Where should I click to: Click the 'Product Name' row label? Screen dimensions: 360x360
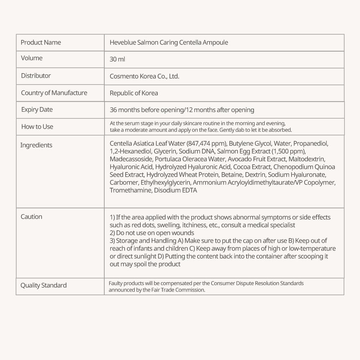41,42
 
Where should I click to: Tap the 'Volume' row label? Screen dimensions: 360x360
32,58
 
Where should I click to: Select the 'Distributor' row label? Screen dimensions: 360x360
36,76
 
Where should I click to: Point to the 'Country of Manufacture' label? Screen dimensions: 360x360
54,93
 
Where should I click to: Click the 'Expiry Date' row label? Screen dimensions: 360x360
37,110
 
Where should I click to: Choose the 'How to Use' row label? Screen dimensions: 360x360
37,126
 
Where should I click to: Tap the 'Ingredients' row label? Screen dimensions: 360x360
36,145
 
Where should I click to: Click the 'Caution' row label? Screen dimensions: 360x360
31,216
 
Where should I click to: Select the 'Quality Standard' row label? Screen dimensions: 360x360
44,285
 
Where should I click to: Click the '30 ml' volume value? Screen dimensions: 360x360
117,59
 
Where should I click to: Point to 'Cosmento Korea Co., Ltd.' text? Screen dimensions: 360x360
144,76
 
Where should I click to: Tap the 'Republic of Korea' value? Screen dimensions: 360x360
134,93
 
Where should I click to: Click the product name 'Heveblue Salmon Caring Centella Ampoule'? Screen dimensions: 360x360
169,42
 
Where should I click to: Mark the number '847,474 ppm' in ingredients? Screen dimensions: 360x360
206,143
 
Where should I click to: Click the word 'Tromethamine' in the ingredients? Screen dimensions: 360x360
129,190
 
